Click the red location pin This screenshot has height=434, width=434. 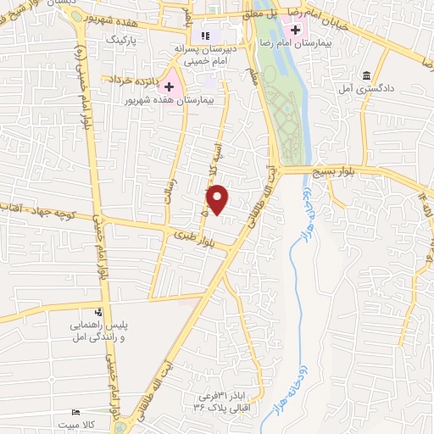pos(218,198)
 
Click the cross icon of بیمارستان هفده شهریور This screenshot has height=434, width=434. pos(170,86)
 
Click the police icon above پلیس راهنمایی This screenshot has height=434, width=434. pos(100,312)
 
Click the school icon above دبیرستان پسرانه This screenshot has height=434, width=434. pos(204,36)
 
